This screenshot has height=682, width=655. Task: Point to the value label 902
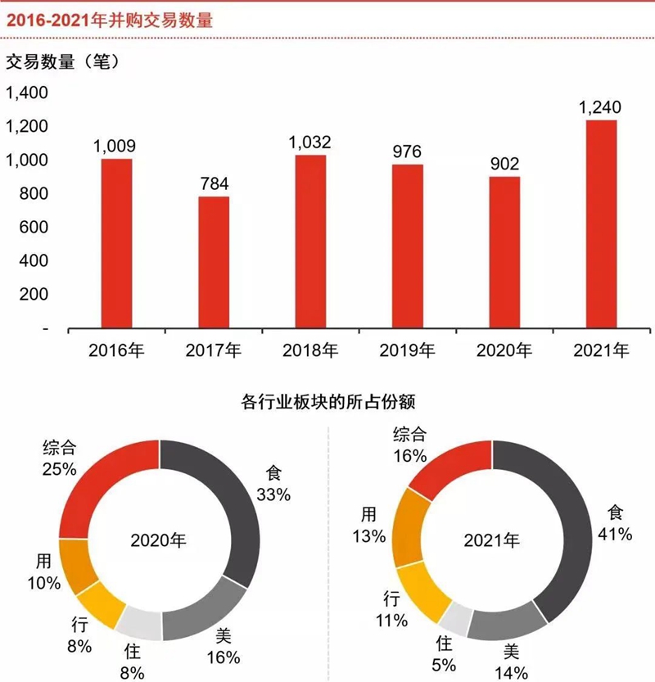[504, 164]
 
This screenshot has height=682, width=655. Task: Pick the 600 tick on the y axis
[34, 228]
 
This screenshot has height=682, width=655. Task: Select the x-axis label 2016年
[116, 351]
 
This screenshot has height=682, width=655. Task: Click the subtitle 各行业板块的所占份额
[327, 403]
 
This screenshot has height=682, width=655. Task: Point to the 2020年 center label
[159, 540]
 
